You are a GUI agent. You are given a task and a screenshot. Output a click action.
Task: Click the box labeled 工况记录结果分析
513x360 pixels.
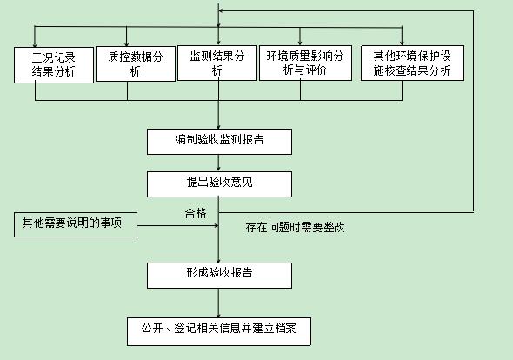coord(54,65)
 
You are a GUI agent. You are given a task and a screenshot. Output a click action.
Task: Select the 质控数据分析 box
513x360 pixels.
coord(136,63)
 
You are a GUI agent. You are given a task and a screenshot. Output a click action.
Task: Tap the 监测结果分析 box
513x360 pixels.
coord(217,63)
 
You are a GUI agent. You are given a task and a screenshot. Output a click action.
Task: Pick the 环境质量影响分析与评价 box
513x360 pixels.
coord(305,63)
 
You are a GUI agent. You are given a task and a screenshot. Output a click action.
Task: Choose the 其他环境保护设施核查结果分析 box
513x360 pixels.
coord(412,63)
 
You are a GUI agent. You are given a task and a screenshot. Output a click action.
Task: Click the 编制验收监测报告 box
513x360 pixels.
coord(219,142)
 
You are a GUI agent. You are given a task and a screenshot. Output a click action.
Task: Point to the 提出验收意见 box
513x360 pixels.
coord(219,184)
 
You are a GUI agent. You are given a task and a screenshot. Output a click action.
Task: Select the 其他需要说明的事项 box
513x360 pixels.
coord(76,224)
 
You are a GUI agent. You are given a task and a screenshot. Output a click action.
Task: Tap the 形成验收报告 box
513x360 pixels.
coord(219,276)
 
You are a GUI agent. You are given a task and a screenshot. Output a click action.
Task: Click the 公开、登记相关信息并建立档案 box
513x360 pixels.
coord(219,331)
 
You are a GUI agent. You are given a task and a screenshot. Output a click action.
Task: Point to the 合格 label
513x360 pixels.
coord(196,213)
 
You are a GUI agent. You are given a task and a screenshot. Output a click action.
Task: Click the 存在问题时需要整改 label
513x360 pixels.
coord(295,227)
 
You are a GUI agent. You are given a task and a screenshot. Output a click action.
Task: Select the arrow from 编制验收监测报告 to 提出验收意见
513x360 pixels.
coord(218,163)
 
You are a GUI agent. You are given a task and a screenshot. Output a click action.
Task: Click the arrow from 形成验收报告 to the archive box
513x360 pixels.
coord(218,303)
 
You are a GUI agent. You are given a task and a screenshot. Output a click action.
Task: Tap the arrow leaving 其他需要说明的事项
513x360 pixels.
coord(177,225)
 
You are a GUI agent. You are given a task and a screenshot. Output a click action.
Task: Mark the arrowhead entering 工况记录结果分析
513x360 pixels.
coord(35,45)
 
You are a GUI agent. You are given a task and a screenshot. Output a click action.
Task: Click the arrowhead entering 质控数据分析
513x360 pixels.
coord(127,43)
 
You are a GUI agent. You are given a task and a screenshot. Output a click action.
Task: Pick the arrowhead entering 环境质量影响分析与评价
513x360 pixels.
coord(300,43)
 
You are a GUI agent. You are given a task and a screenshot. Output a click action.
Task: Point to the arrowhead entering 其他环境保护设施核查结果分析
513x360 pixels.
coord(402,43)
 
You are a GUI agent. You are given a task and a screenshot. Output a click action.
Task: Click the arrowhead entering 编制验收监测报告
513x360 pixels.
coord(218,127)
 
